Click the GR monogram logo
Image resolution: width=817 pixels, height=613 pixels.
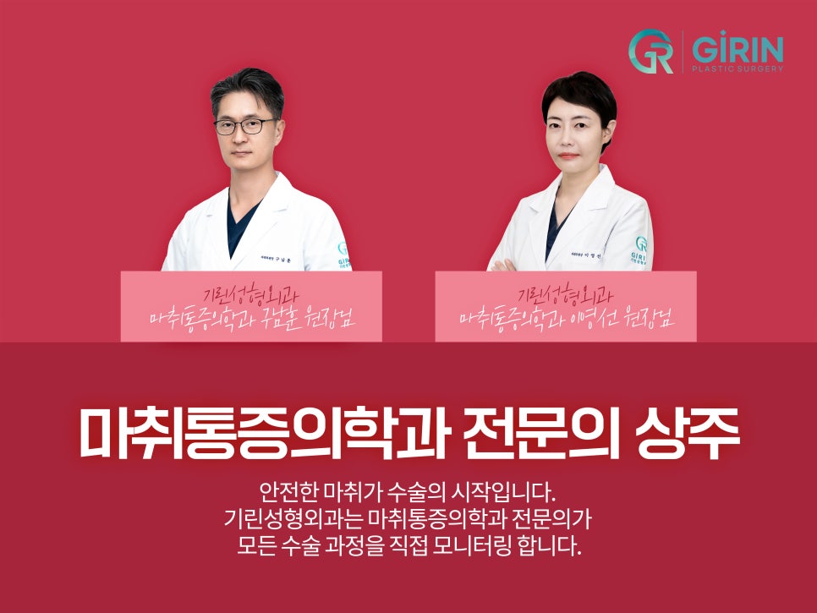point(651,52)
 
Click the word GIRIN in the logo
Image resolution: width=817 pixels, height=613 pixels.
point(737,47)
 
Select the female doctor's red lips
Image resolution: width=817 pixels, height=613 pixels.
point(569,156)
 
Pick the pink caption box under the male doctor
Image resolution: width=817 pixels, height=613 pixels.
point(251,306)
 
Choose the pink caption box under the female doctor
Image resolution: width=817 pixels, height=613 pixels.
point(565,306)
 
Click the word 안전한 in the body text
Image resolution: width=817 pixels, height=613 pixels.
point(291,491)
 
